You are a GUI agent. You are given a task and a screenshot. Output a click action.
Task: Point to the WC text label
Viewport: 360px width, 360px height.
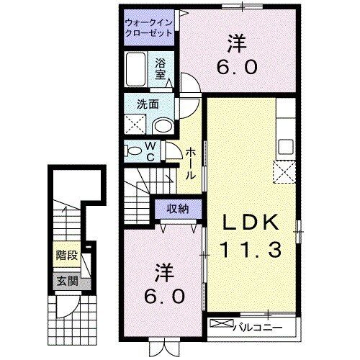pos(152,151)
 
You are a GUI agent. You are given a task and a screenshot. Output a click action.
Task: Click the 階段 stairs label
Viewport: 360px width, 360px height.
pos(66,256)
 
